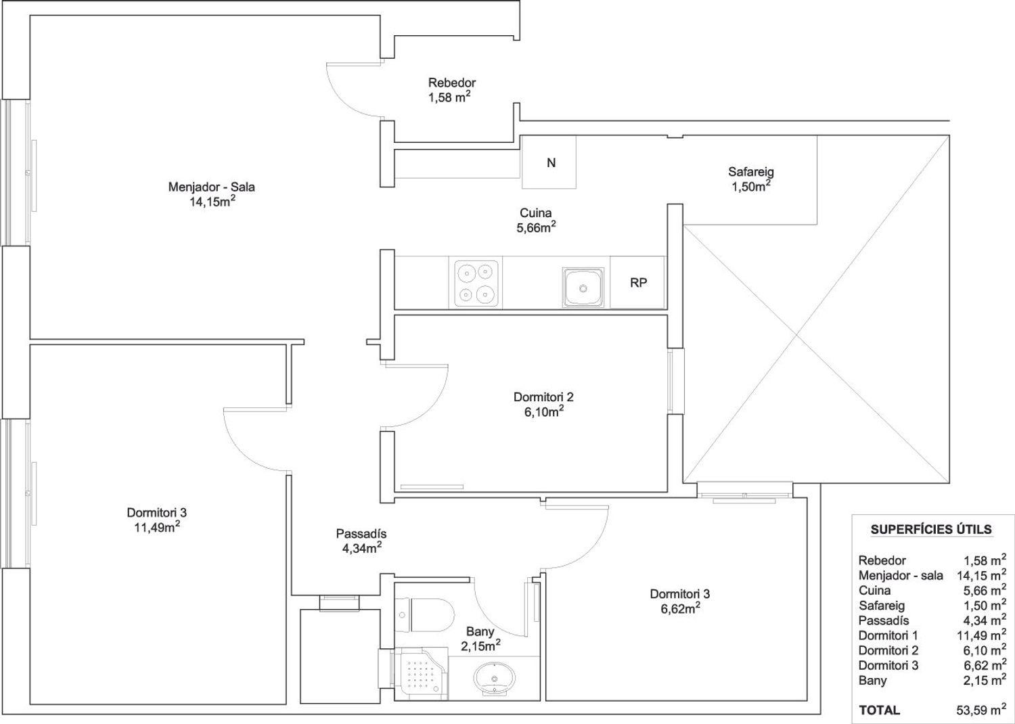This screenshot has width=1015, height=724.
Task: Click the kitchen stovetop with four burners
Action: [475, 283]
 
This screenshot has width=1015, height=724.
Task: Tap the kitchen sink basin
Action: [583, 288]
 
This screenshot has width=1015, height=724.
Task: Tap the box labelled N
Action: [549, 162]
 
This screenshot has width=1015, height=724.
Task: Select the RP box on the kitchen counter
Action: [638, 283]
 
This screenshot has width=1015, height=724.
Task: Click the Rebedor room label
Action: [452, 83]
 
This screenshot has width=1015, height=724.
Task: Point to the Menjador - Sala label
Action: [211, 187]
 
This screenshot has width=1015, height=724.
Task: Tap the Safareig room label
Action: [751, 172]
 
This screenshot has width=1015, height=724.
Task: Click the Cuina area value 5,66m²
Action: [536, 227]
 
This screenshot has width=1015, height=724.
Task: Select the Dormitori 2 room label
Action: [543, 397]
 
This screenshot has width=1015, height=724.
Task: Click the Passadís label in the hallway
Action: [361, 534]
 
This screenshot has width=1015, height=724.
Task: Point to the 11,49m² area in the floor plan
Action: [157, 527]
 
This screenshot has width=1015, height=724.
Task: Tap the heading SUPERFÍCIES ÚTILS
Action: [931, 529]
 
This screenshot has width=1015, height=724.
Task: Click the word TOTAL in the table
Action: [880, 710]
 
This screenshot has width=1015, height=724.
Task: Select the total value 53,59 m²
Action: [981, 710]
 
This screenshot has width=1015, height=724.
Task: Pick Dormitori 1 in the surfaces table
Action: [888, 635]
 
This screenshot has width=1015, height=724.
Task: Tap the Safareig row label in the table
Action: [881, 606]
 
